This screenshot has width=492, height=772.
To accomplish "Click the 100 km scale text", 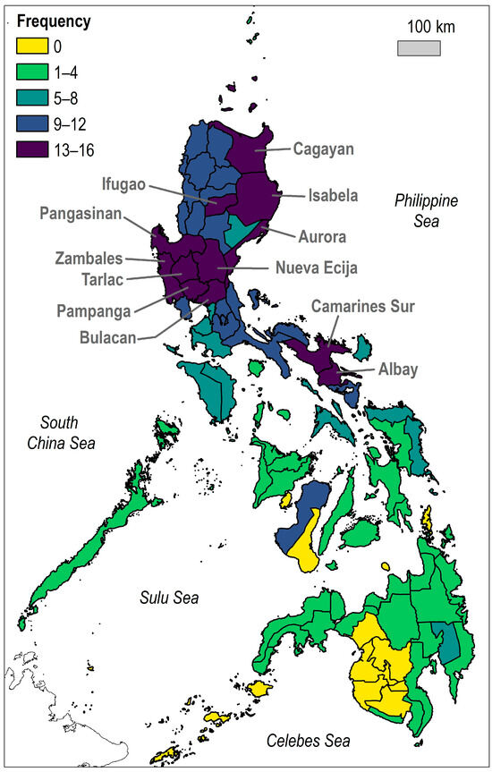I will [427, 27].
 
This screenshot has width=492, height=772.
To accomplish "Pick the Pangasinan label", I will [82, 214].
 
